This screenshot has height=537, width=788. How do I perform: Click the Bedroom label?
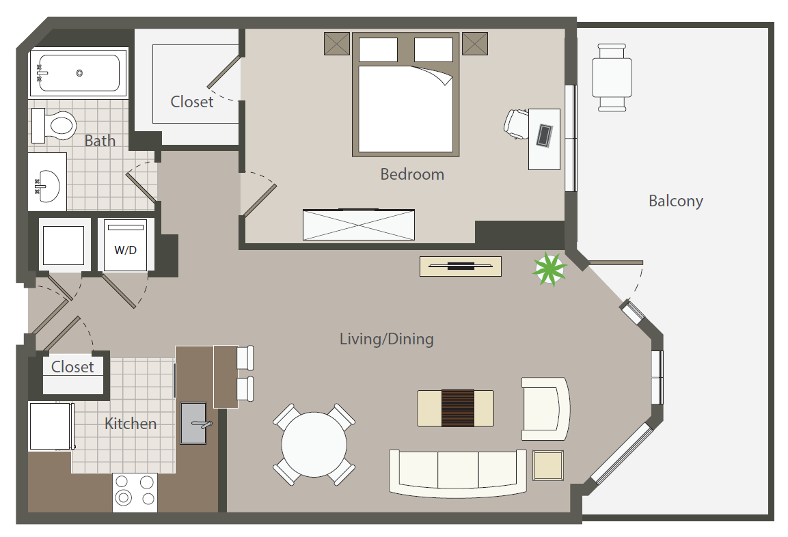[412, 174]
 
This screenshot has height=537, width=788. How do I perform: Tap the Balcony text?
[675, 201]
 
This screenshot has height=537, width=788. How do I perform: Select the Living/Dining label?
[386, 339]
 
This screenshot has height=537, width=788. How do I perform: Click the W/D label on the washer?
[126, 250]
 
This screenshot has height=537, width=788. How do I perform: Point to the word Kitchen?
[131, 424]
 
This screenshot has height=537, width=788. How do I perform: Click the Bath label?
[100, 141]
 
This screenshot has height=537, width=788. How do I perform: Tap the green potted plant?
[549, 269]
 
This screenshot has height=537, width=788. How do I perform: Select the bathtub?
[79, 72]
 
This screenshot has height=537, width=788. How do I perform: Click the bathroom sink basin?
[49, 186]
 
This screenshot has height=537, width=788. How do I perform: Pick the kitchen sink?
[193, 423]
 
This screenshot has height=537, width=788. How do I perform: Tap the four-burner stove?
[135, 492]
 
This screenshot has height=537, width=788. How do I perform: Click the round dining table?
[314, 445]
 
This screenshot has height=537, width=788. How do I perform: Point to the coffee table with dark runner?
[455, 409]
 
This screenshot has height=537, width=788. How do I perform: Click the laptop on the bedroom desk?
[545, 135]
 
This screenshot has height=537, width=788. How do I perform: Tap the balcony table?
[612, 77]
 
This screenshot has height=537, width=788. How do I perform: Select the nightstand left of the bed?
[337, 44]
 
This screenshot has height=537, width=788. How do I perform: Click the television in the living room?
[461, 266]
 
